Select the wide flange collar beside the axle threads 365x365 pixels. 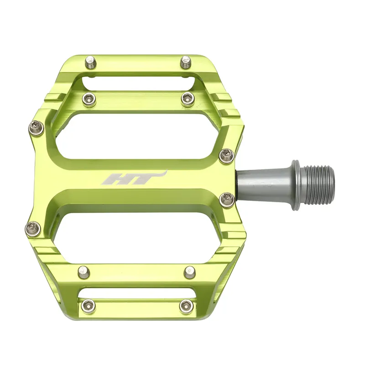pyautogui.click(x=296, y=185)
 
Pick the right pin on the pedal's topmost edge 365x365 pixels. pyautogui.click(x=186, y=62)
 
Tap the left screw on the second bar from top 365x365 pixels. pyautogui.click(x=89, y=98)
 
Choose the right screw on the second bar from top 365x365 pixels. pyautogui.click(x=188, y=99)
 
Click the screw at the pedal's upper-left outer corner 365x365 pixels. pyautogui.click(x=36, y=128)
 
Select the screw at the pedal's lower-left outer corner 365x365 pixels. pyautogui.click(x=33, y=228)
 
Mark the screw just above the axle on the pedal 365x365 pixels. pyautogui.click(x=226, y=156)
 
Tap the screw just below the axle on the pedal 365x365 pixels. pyautogui.click(x=227, y=199)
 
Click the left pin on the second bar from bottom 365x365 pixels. pyautogui.click(x=84, y=272)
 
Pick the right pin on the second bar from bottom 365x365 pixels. pyautogui.click(x=190, y=272)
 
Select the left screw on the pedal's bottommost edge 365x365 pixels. pyautogui.click(x=88, y=306)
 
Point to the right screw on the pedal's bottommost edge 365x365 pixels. pyautogui.click(x=186, y=306)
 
